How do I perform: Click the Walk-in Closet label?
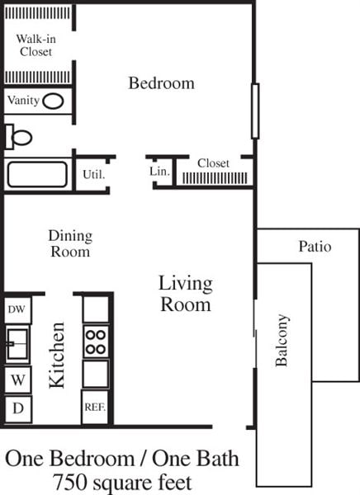[x=35, y=45]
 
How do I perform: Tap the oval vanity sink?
[x=54, y=101]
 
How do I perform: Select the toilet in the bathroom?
[x=18, y=137]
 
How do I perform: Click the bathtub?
[x=37, y=175]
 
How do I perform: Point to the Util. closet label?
[x=92, y=175]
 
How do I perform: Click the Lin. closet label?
[x=159, y=172]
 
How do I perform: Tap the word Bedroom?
[x=161, y=83]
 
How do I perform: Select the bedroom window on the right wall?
[x=255, y=111]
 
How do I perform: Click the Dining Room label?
[x=70, y=243]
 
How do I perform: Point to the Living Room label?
[x=185, y=294]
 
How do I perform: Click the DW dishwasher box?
[x=17, y=309]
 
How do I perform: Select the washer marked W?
[x=17, y=380]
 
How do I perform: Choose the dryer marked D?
[x=17, y=408]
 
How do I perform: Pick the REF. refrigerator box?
[x=95, y=408]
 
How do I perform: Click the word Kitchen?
[x=57, y=356]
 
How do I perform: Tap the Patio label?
[x=315, y=247]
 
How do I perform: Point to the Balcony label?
[x=282, y=340]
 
